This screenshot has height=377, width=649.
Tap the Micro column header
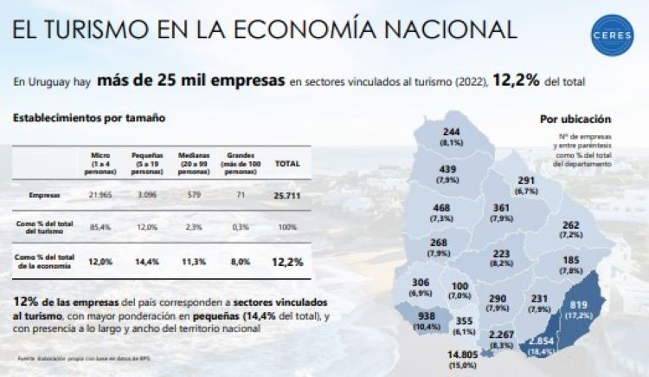(100, 163)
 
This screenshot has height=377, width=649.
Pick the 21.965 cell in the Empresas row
(101, 196)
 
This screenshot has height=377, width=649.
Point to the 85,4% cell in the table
(100, 227)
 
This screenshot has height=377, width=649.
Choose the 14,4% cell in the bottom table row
(147, 260)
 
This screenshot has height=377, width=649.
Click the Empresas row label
(41, 196)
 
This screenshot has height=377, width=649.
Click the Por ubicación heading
(575, 119)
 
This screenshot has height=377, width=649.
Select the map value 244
(451, 131)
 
